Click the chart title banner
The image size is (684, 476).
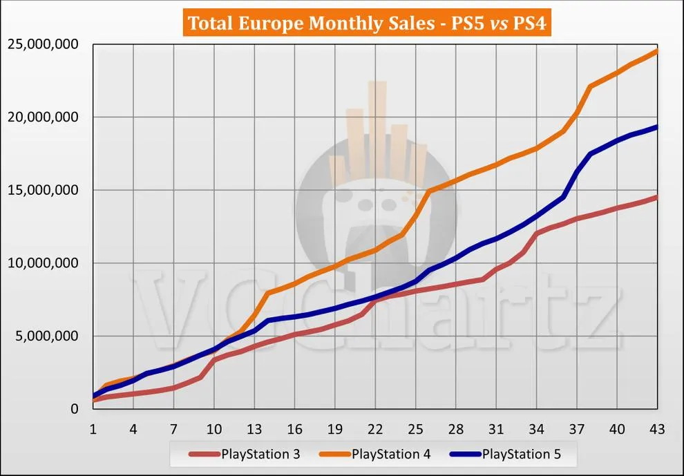click(x=367, y=22)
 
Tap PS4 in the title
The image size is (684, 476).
click(x=529, y=23)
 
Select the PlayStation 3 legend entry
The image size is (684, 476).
click(x=245, y=454)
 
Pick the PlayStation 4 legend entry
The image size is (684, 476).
click(x=374, y=454)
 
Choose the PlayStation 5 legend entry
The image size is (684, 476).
click(x=505, y=454)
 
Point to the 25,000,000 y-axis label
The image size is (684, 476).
click(x=43, y=44)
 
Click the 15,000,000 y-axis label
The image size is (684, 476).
click(x=43, y=190)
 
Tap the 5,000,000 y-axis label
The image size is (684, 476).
click(x=47, y=336)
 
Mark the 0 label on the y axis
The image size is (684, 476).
click(x=75, y=409)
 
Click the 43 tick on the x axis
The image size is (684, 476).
click(x=657, y=429)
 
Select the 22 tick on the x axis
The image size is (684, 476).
click(x=375, y=429)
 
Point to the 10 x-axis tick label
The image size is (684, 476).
click(x=213, y=429)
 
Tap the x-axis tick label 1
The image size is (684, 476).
click(x=93, y=429)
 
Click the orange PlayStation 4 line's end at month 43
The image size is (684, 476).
click(x=656, y=51)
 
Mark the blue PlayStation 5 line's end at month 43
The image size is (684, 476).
click(x=656, y=127)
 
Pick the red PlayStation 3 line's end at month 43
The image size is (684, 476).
click(x=656, y=197)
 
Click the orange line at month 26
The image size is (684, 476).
click(x=429, y=191)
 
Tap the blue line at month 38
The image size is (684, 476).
click(x=590, y=153)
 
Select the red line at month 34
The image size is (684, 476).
click(x=537, y=234)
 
